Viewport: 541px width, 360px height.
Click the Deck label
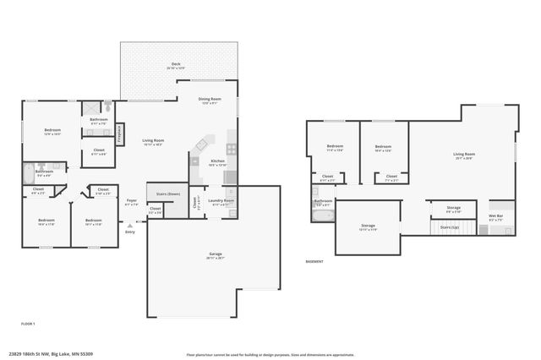[x=176, y=64]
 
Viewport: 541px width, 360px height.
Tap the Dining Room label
[x=210, y=101]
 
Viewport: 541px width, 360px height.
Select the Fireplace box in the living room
[x=120, y=134]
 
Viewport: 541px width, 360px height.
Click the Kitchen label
[x=217, y=162]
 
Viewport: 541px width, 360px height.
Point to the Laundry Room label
[x=221, y=202]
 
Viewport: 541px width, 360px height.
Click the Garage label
[x=215, y=256]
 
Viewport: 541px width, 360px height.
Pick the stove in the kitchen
[x=232, y=151]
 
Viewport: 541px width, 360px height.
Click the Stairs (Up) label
[x=450, y=226]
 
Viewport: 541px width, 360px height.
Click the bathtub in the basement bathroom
[x=322, y=215]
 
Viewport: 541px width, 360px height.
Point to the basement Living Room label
[x=463, y=155]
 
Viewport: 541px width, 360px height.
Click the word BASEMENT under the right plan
[x=314, y=261]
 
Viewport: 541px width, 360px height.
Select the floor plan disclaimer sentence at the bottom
[x=270, y=354]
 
